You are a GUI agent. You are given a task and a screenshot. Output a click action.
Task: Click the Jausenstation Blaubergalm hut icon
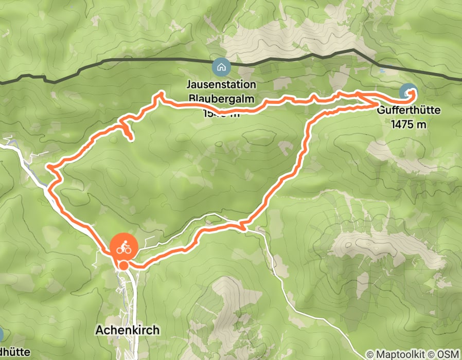221,66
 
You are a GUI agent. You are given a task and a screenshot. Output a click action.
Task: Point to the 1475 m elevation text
409,124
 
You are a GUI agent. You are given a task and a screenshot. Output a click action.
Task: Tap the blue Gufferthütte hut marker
409,93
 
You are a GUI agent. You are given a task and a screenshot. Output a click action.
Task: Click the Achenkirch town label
128,330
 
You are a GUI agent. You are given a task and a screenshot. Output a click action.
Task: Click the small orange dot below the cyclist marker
123,265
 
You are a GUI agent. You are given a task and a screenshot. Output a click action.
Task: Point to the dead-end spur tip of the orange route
131,139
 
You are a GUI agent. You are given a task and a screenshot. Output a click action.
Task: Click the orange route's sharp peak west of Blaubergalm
161,94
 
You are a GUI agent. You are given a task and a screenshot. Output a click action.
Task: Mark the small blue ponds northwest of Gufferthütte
381,68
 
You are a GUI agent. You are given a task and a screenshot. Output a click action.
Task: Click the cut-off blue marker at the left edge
2,334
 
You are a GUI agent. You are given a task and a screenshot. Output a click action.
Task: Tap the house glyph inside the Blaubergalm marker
221,66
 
